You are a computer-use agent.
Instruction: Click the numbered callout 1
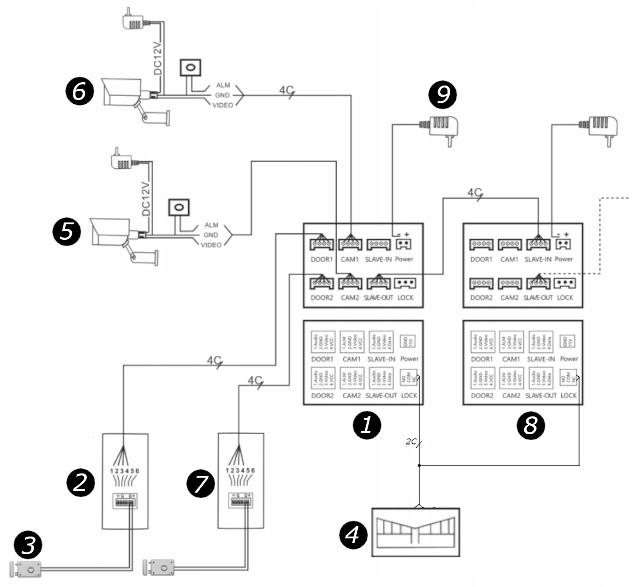[x=367, y=425]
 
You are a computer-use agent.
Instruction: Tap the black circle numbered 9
[x=442, y=93]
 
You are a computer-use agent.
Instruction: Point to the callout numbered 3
[x=28, y=545]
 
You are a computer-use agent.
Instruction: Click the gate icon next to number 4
[x=416, y=532]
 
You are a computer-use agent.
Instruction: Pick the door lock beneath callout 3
[x=26, y=569]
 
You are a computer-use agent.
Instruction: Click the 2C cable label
[x=411, y=441]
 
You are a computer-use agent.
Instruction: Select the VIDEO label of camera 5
[x=211, y=245]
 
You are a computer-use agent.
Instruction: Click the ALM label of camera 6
[x=223, y=85]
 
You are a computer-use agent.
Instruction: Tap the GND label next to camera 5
[x=211, y=235]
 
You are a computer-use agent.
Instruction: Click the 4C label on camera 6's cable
[x=286, y=90]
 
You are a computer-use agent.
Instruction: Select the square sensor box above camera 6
[x=191, y=67]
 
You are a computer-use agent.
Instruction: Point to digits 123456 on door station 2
[x=125, y=471]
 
